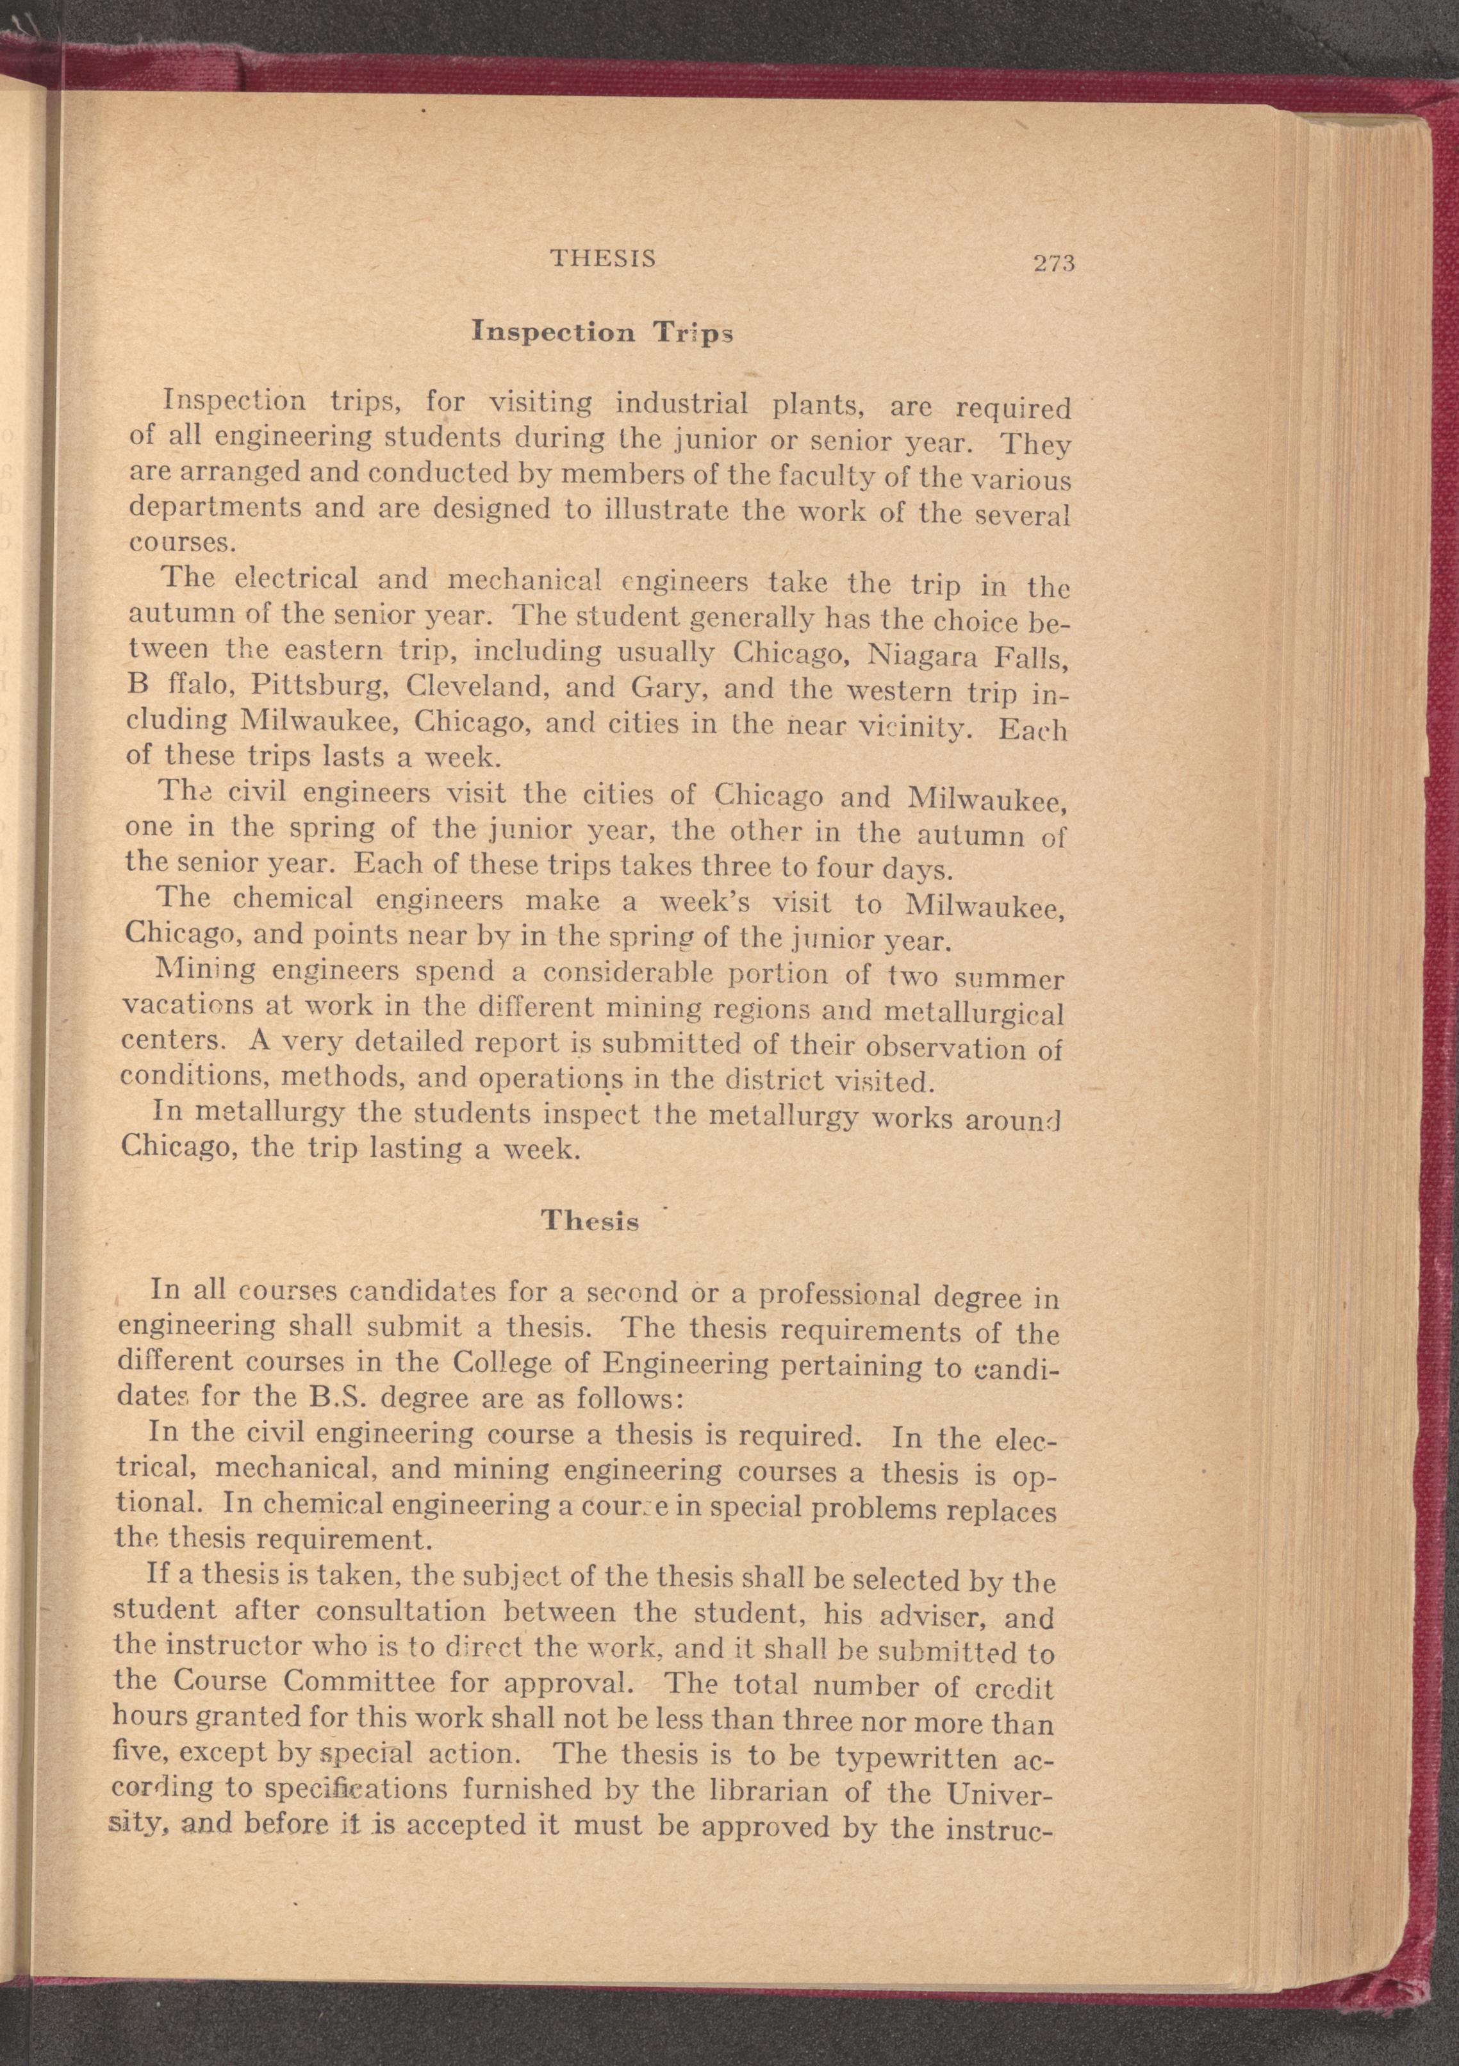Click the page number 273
pyautogui.click(x=1054, y=263)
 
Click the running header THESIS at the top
pyautogui.click(x=603, y=259)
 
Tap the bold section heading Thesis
pyautogui.click(x=590, y=1222)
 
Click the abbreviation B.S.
pyautogui.click(x=390, y=1399)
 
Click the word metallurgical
pyautogui.click(x=975, y=1014)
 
